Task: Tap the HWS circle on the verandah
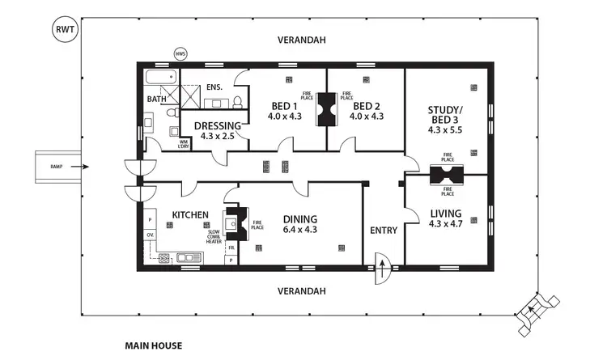(181, 55)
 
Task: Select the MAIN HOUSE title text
(153, 345)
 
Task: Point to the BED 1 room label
(283, 106)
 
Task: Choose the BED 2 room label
(366, 106)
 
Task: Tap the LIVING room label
(446, 213)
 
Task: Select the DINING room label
(299, 218)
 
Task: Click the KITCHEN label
(191, 215)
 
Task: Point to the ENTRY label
(383, 231)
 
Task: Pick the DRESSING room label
(216, 125)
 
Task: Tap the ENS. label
(214, 87)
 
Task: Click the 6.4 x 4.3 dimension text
(299, 230)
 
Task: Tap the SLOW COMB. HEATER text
(214, 235)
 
